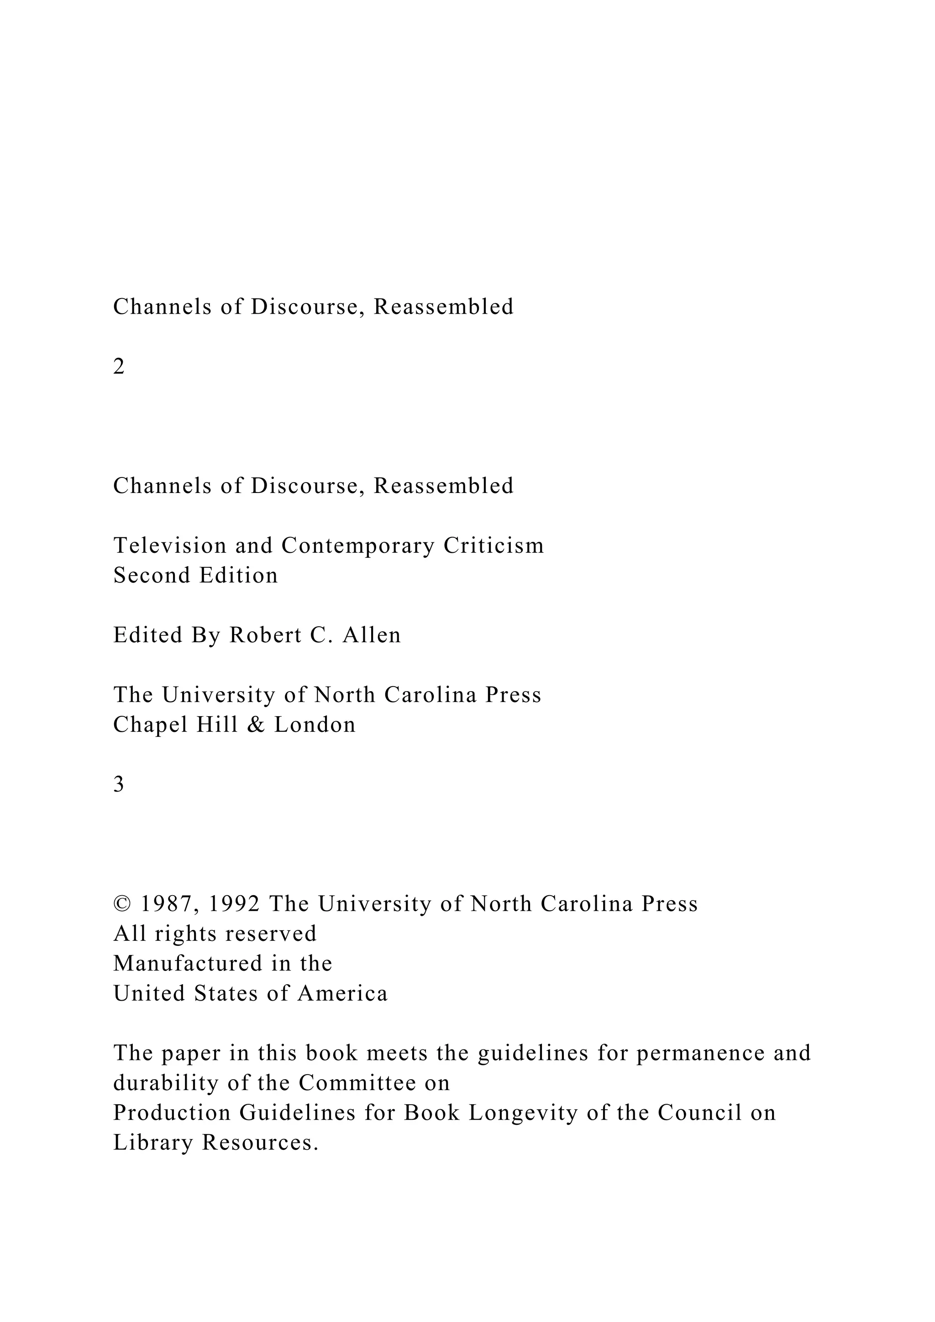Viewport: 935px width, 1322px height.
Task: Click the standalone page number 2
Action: [119, 367]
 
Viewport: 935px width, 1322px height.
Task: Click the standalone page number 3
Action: [119, 784]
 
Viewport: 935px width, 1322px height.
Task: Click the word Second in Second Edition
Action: [151, 575]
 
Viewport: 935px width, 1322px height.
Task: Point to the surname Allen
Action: [372, 635]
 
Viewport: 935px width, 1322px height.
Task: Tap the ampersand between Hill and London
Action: [256, 724]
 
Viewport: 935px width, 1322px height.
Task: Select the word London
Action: [315, 724]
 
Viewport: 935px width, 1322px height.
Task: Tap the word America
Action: [342, 993]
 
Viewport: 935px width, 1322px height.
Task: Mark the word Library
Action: [152, 1144]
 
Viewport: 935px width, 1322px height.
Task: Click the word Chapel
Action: [150, 724]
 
